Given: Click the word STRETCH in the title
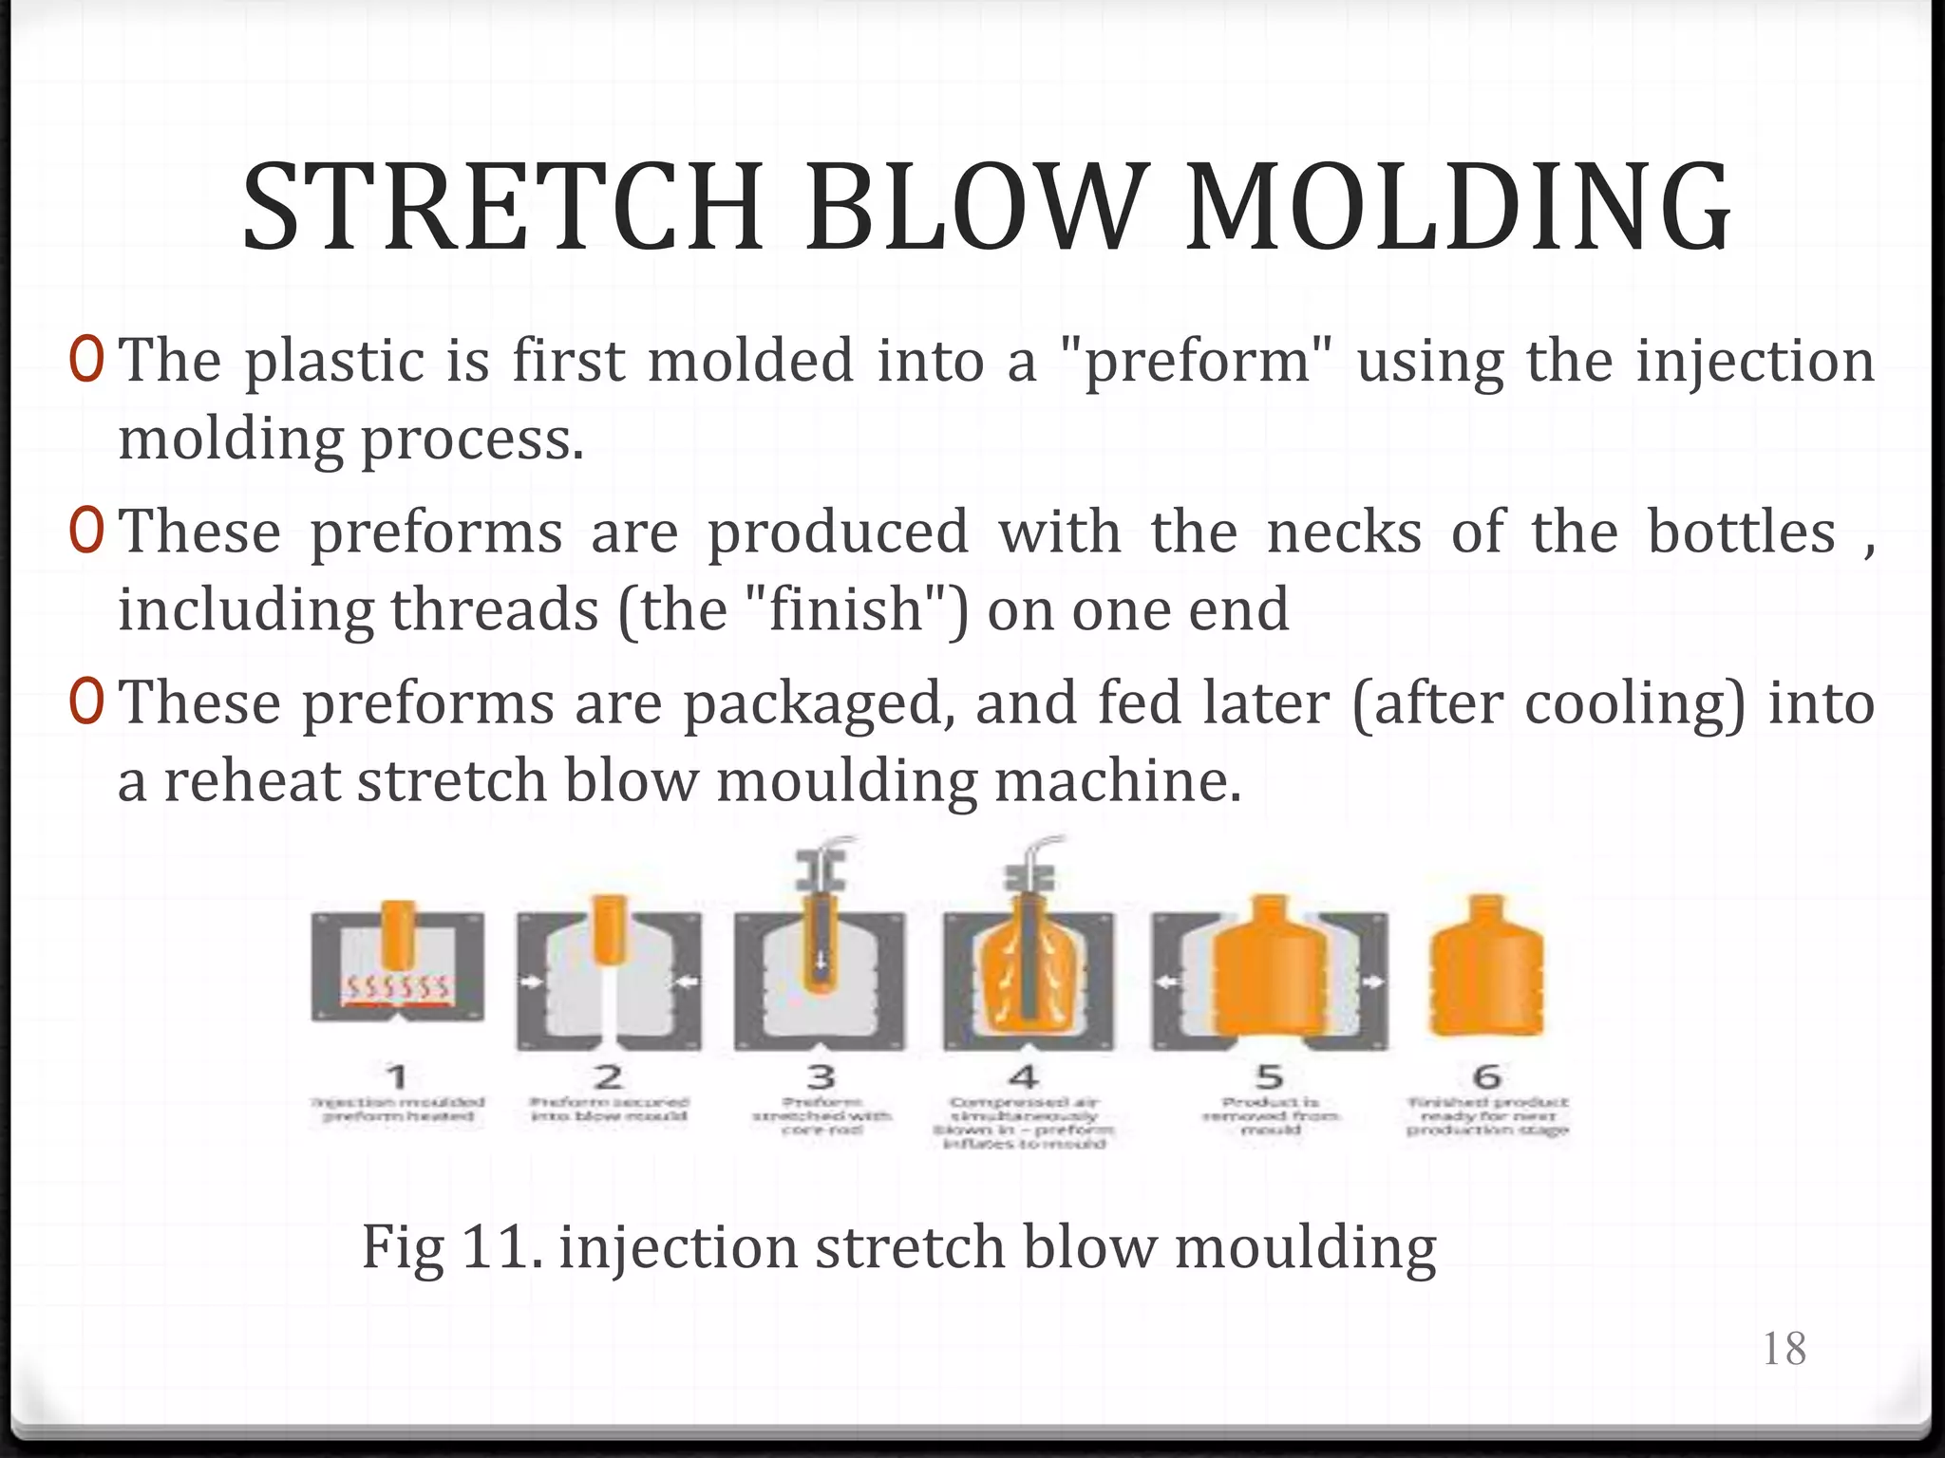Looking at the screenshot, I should coord(503,209).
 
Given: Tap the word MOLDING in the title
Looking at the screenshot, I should coord(1458,209).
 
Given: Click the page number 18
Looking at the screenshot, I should coord(1784,1349).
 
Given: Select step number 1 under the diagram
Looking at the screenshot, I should coord(398,1076).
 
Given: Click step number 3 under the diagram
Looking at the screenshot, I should coord(821,1076).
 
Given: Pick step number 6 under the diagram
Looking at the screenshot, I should coord(1486,1076).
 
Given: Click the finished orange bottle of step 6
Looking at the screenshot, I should coord(1486,978).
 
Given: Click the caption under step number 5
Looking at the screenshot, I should coord(1270,1116).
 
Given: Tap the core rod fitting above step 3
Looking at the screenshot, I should coord(821,869).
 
